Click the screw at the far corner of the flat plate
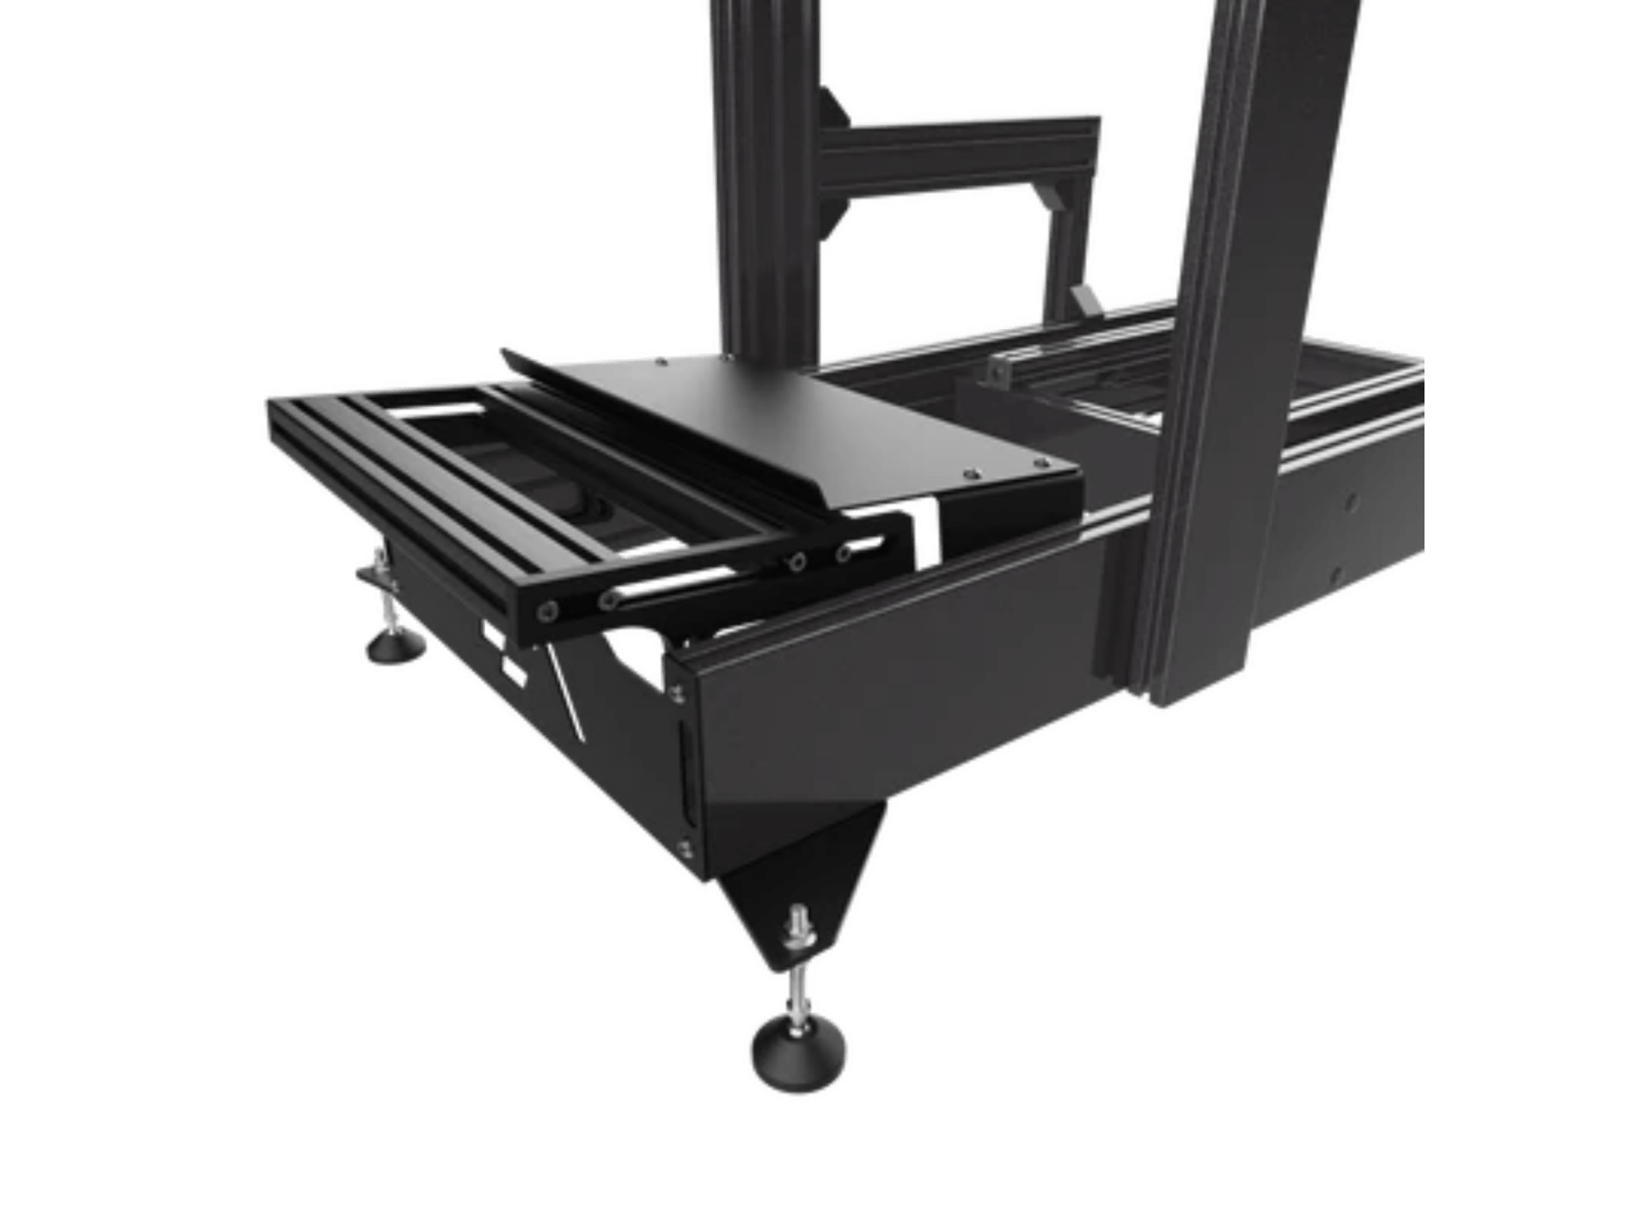[x=663, y=361]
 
